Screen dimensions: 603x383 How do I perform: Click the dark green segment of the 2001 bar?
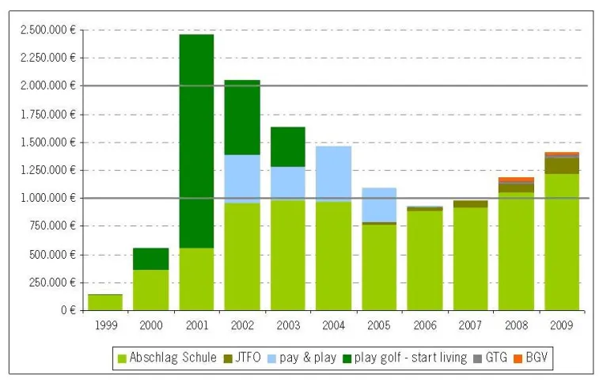click(196, 141)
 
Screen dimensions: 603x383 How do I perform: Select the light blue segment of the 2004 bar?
click(333, 174)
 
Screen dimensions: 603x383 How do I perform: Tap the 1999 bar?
click(105, 302)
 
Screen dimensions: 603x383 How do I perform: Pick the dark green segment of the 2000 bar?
click(150, 259)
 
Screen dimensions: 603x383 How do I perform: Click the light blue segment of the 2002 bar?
click(242, 179)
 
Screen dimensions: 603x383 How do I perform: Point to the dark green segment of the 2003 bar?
click(288, 147)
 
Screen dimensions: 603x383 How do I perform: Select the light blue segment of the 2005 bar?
click(379, 205)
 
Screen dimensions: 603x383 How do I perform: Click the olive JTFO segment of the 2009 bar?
click(562, 165)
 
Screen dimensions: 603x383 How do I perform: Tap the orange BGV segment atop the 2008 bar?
click(516, 180)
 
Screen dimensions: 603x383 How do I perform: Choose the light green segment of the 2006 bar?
click(425, 260)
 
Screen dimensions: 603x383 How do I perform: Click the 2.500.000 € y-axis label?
click(48, 29)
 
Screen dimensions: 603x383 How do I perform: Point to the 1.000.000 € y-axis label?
click(48, 198)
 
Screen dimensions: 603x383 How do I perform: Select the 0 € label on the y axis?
click(69, 310)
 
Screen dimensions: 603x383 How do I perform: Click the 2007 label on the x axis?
click(470, 325)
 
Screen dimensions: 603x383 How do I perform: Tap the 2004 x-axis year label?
click(333, 325)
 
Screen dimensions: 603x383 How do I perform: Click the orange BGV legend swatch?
click(518, 358)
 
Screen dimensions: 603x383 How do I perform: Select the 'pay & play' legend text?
click(308, 358)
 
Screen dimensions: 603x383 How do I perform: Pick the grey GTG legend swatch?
click(477, 358)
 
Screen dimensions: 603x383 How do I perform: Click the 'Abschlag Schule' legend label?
click(173, 357)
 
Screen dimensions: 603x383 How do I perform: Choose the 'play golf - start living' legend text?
click(411, 358)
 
